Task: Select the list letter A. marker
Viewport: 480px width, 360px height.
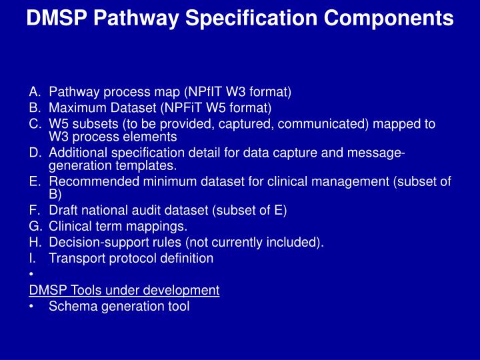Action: tap(35, 91)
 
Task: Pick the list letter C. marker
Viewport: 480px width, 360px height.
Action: tap(35, 124)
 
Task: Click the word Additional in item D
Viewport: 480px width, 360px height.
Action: tap(76, 154)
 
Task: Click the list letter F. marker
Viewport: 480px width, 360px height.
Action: tap(35, 211)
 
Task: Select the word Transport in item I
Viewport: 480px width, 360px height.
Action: tap(75, 258)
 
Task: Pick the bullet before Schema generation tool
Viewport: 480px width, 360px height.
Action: tap(31, 307)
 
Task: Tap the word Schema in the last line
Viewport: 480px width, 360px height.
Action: tap(70, 306)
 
